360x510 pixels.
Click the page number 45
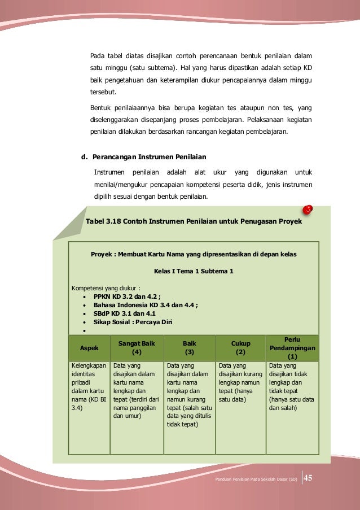pos(309,479)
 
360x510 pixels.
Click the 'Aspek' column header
pos(89,348)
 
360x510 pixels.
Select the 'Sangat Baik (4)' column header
pos(136,347)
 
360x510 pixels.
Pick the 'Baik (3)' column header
pos(190,347)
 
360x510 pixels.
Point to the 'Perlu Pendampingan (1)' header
pos(292,348)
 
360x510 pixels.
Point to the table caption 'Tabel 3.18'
pos(194,221)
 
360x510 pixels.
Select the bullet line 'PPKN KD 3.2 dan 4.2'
pos(127,295)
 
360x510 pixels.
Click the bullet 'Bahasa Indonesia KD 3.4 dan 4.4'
pos(146,304)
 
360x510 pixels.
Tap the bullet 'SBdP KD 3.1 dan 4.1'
pos(125,313)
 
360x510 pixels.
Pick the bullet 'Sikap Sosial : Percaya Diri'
pos(133,322)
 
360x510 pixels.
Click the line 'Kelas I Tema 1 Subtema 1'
pos(194,271)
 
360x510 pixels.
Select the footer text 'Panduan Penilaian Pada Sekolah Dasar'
pos(256,480)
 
